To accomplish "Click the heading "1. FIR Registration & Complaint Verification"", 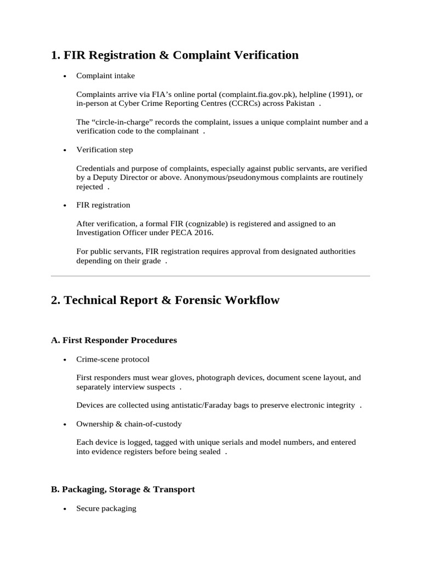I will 174,55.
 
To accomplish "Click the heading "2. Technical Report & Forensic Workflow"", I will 165,300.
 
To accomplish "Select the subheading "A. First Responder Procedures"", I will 114,340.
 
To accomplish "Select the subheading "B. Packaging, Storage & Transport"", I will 123,489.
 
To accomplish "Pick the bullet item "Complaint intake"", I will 105,76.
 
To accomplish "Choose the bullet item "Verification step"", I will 104,150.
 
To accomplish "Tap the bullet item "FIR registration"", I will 103,205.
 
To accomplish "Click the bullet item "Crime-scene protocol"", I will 112,359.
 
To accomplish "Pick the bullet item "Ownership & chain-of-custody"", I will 129,424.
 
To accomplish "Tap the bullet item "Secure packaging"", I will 106,508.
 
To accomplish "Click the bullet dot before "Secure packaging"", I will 65,509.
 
